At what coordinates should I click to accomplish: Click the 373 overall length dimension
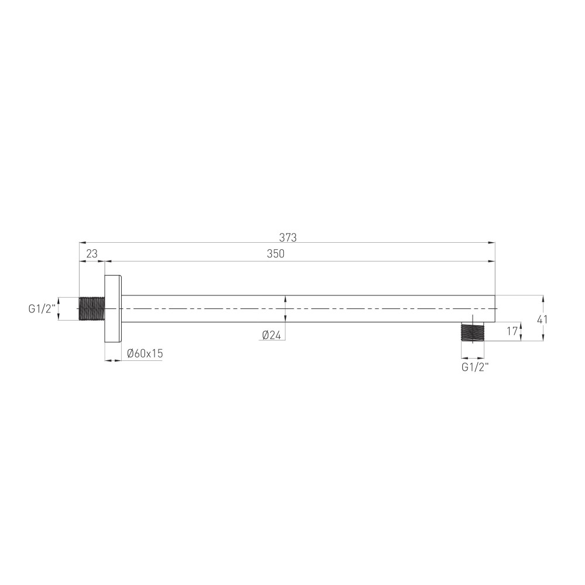tap(288, 238)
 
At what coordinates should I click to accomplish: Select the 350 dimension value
tap(276, 254)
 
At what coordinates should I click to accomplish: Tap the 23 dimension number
tap(92, 254)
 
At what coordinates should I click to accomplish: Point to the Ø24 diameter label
tap(271, 335)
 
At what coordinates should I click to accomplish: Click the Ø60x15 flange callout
tap(145, 353)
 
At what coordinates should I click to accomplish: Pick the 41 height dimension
tap(542, 320)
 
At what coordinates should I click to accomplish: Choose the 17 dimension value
tap(512, 331)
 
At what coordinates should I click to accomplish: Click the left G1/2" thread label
tap(42, 308)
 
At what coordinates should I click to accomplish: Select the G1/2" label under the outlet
tap(475, 367)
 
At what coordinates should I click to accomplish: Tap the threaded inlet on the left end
tap(92, 308)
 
